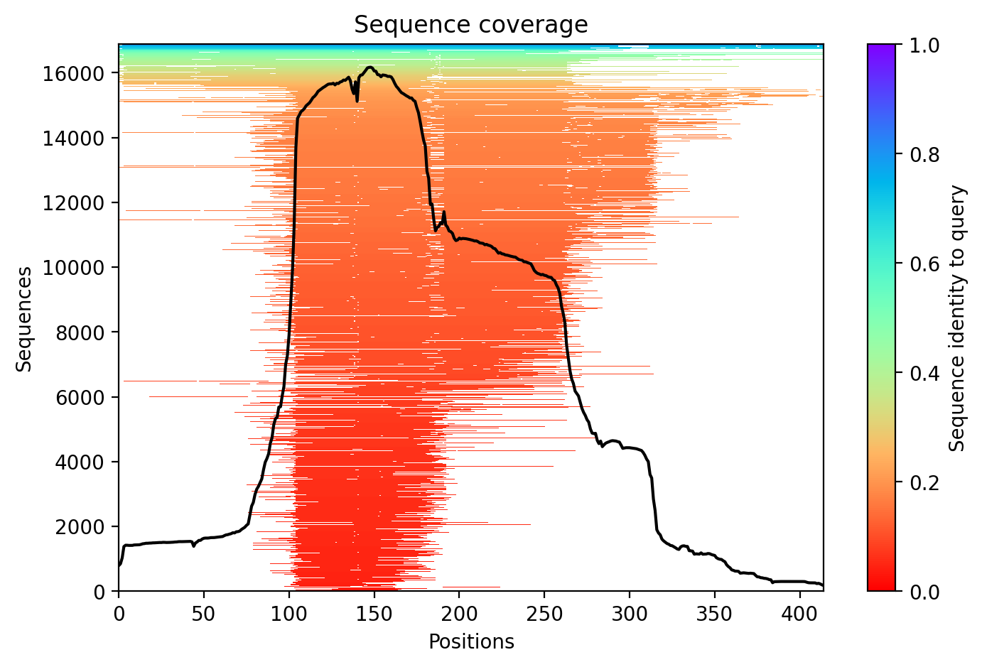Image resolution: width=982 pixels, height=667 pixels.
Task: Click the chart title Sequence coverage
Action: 470,25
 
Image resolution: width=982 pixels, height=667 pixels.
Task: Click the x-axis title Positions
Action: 470,642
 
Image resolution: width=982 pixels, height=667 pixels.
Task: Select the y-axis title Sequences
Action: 25,319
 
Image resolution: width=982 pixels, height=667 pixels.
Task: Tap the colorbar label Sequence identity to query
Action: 958,318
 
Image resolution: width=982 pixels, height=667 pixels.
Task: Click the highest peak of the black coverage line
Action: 369,67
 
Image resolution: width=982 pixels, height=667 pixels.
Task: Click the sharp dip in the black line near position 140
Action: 357,100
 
